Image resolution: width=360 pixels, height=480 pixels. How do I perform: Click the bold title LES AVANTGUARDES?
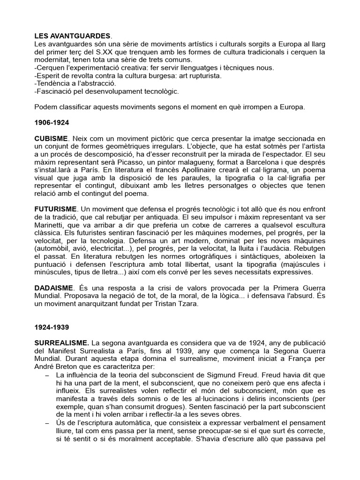click(x=73, y=36)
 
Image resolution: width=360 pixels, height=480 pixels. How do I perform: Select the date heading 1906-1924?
click(x=52, y=122)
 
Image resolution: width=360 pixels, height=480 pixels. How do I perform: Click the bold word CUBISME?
click(x=52, y=139)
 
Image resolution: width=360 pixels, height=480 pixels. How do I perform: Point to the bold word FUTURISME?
click(x=55, y=208)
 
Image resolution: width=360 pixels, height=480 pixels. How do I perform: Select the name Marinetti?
click(x=49, y=224)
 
